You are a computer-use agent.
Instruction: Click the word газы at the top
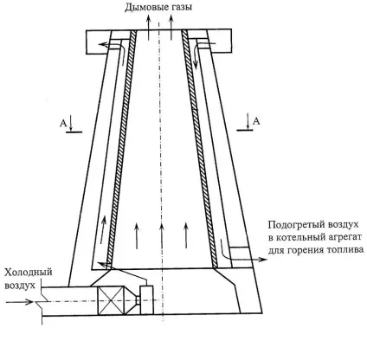point(181,7)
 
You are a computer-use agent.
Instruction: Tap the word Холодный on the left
point(29,272)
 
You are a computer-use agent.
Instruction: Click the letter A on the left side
point(63,124)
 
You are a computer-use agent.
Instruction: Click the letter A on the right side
point(256,121)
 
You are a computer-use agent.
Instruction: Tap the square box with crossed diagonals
point(111,300)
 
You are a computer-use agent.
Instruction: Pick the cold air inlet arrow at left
point(20,302)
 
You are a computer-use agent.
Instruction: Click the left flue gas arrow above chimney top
point(149,27)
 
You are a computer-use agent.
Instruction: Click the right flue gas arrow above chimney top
point(171,27)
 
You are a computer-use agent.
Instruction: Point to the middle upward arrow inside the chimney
point(162,236)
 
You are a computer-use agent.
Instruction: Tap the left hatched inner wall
point(120,150)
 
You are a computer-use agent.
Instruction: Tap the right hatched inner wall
point(199,148)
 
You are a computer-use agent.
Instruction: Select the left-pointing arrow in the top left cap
point(111,44)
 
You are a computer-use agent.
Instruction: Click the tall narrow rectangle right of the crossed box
point(146,300)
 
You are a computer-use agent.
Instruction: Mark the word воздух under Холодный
point(20,286)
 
